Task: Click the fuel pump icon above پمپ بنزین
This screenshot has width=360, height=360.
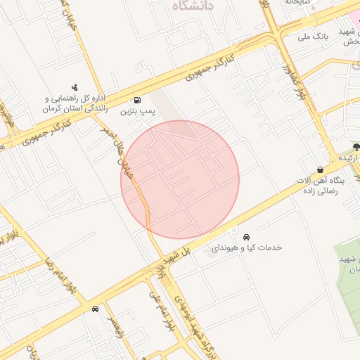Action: pos(136,99)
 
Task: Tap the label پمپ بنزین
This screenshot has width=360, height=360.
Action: pos(135,111)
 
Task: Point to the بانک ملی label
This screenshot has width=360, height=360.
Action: pos(314,35)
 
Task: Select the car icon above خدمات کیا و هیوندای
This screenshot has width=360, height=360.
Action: pos(245,236)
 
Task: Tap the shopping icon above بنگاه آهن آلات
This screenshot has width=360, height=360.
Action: pos(321,169)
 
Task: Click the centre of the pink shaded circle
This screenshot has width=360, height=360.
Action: pos(180,179)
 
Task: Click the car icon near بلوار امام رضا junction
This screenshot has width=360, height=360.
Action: pos(95,309)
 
